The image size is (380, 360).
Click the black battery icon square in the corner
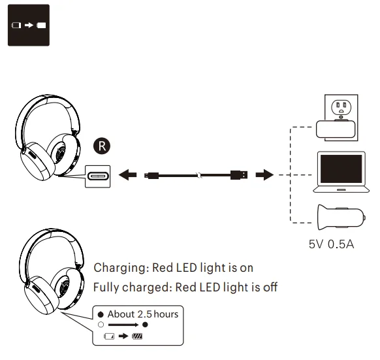[x=29, y=26]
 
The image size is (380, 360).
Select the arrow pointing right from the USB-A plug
[x=264, y=175]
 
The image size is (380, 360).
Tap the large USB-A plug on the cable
[x=239, y=175]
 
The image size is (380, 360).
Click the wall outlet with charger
[x=337, y=118]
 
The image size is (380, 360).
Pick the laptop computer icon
[x=338, y=172]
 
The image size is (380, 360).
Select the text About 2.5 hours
[x=142, y=314]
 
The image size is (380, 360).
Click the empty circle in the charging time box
[x=101, y=324]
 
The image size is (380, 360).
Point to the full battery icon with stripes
[x=136, y=336]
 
